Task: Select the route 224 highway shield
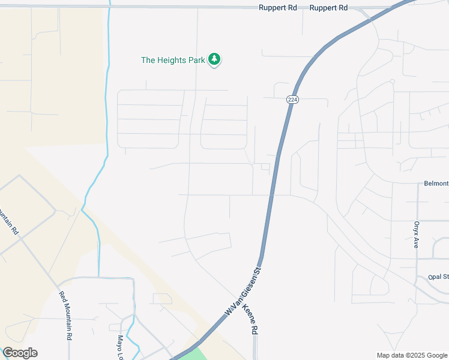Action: click(x=292, y=100)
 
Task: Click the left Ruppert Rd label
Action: click(x=278, y=8)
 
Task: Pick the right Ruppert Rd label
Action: click(x=328, y=8)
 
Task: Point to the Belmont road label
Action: click(x=436, y=183)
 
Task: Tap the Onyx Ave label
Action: click(x=415, y=235)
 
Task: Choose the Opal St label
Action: click(x=438, y=277)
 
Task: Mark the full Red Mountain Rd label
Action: click(x=65, y=316)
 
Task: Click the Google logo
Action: click(x=20, y=353)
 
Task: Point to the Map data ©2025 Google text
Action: click(x=411, y=355)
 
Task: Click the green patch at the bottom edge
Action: click(x=194, y=355)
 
